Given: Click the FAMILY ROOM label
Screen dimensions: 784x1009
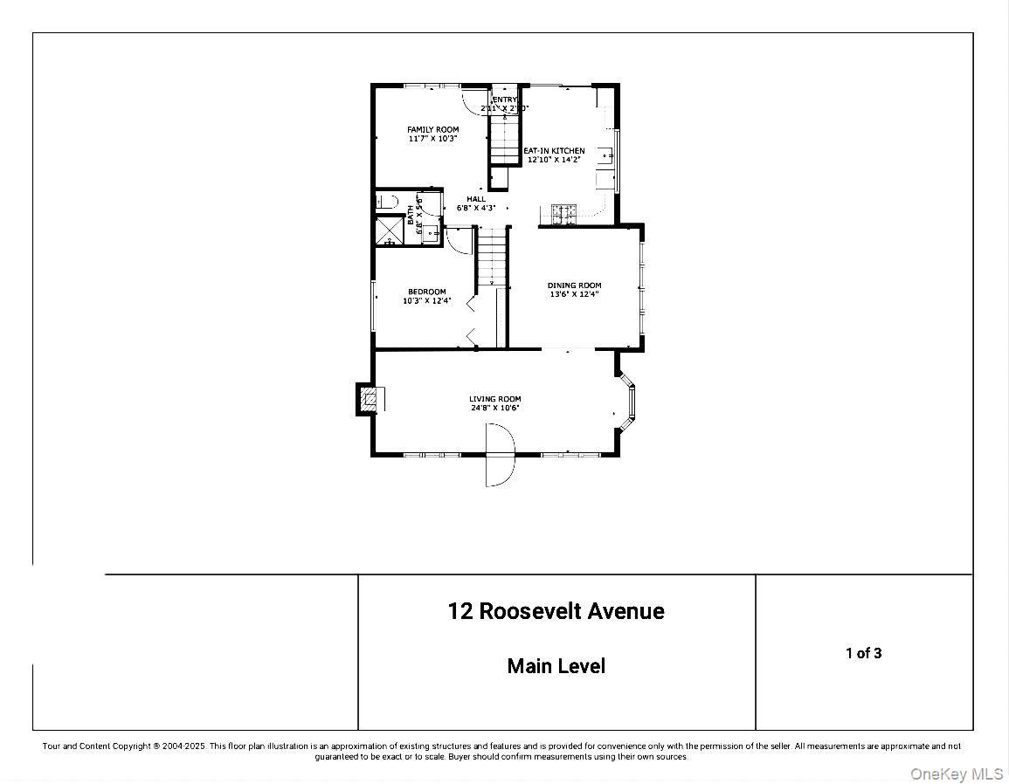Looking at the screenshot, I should [432, 129].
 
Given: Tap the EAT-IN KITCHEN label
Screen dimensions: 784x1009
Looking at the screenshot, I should [554, 151].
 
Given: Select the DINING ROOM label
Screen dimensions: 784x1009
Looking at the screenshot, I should [574, 285].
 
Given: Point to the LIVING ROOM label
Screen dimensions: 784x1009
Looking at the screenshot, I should [494, 399].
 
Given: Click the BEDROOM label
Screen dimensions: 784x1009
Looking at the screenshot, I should [426, 292].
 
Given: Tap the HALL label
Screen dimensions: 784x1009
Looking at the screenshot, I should [475, 199].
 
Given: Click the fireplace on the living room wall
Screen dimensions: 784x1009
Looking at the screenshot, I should [369, 400].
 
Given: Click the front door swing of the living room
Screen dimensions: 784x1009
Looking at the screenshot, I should [501, 456].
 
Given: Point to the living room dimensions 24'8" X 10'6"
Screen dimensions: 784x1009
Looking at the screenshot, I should [494, 408].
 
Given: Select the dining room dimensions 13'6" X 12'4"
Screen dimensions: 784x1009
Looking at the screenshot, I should [574, 294].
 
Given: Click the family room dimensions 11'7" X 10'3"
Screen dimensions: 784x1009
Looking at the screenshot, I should [432, 138].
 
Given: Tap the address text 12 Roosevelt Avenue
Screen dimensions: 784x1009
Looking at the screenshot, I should [556, 611].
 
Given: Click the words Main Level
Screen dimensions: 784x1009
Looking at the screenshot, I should [556, 666].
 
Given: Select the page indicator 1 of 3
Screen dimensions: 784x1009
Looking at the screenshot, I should [863, 653].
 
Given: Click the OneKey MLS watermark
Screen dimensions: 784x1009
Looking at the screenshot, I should [957, 774].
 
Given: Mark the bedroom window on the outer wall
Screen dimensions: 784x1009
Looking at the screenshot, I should [373, 306].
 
